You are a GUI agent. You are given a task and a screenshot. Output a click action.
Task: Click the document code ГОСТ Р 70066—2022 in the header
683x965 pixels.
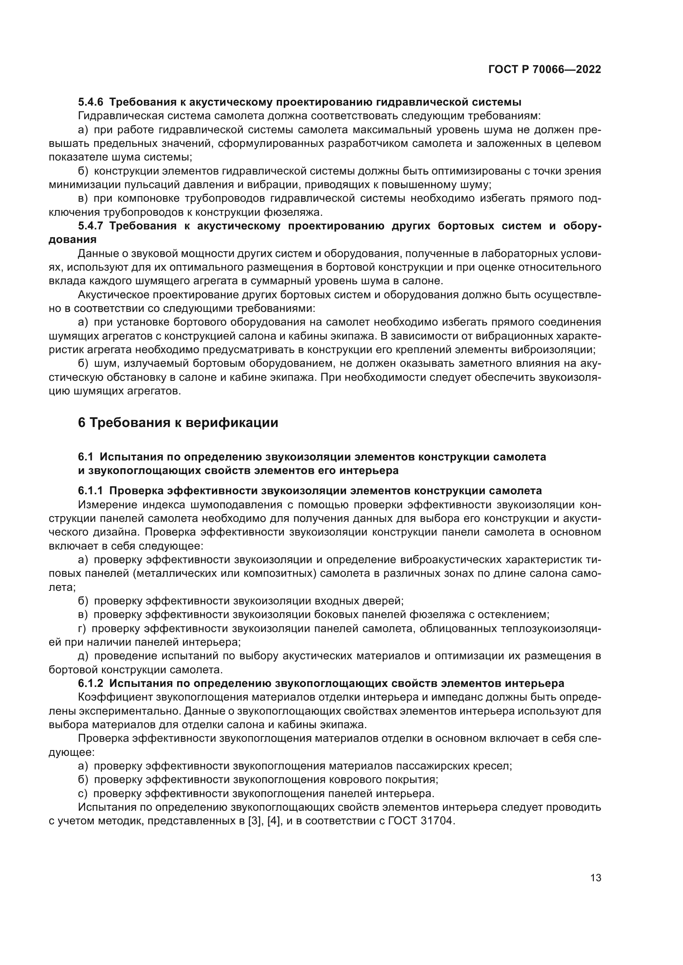(x=544, y=70)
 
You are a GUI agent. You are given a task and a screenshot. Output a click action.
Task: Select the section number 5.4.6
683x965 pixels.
(x=90, y=102)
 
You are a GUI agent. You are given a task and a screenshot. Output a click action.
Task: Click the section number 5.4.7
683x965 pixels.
(x=90, y=226)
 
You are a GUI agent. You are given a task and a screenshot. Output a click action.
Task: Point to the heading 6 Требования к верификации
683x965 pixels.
(x=178, y=422)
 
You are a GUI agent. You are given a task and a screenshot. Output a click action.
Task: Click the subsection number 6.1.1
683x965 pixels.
(x=90, y=491)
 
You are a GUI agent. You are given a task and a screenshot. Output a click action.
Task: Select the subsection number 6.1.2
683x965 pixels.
(x=90, y=683)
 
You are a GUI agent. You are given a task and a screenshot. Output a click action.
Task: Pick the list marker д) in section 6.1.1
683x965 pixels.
(x=83, y=656)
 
